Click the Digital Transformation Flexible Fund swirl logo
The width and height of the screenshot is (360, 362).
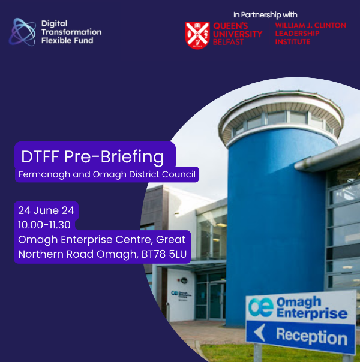(22, 32)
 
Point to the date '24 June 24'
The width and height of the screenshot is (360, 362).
(45, 210)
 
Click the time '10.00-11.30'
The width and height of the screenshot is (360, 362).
(45, 224)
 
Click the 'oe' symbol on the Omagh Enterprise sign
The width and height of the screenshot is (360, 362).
(262, 306)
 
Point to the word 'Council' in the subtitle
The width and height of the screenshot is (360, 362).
(178, 174)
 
